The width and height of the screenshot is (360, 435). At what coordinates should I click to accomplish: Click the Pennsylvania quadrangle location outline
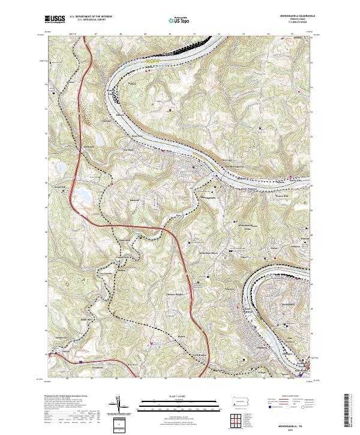239,401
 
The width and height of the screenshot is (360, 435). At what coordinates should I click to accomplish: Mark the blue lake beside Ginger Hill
80,193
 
